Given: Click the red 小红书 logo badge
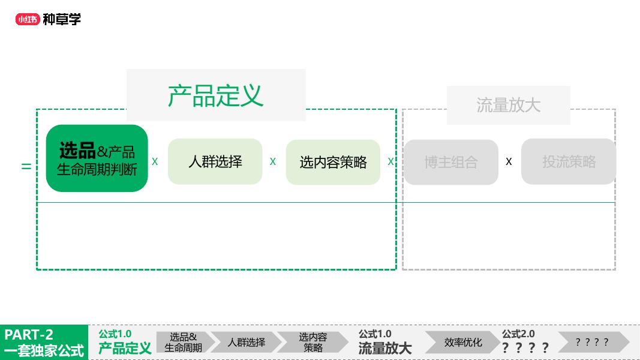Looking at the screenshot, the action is pyautogui.click(x=28, y=19).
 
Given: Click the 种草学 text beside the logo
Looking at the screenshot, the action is pyautogui.click(x=61, y=19).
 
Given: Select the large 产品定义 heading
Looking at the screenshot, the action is pyautogui.click(x=215, y=95).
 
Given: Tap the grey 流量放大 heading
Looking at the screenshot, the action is pyautogui.click(x=508, y=105).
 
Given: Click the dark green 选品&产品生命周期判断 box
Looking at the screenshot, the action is pyautogui.click(x=97, y=158).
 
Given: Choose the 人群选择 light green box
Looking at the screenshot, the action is pyautogui.click(x=215, y=161).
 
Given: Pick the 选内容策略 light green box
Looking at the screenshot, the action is pyautogui.click(x=333, y=162).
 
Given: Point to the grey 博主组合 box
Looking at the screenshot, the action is pyautogui.click(x=451, y=162).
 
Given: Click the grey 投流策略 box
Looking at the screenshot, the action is pyautogui.click(x=569, y=161).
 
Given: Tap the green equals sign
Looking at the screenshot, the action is pyautogui.click(x=26, y=166).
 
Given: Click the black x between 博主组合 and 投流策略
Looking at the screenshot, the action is pyautogui.click(x=509, y=161).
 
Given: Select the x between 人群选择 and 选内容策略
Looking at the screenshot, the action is pyautogui.click(x=273, y=161).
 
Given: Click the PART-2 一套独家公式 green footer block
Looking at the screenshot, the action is pyautogui.click(x=44, y=343).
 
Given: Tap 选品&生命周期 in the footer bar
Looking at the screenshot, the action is pyautogui.click(x=184, y=342).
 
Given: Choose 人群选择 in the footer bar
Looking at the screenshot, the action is pyautogui.click(x=246, y=343).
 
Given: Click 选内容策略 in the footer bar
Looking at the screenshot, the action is pyautogui.click(x=313, y=342).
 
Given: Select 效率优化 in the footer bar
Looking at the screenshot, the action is pyautogui.click(x=463, y=343).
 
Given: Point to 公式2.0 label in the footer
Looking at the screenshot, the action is pyautogui.click(x=518, y=334).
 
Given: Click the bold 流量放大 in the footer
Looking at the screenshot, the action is pyautogui.click(x=385, y=348).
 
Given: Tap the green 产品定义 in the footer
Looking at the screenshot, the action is pyautogui.click(x=125, y=348).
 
